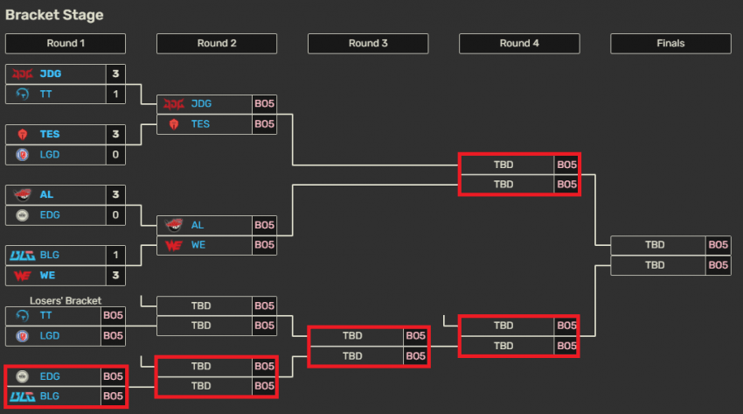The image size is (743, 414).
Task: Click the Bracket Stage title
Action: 54,15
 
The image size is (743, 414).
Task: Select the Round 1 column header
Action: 66,44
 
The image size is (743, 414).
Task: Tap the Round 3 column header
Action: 368,44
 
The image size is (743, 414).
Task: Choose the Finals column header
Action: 670,44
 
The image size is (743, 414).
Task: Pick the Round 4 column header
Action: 519,44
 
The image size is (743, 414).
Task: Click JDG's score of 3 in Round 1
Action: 115,74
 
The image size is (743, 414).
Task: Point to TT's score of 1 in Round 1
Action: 115,94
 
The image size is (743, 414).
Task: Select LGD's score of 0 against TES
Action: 115,155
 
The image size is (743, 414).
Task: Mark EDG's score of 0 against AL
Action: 115,215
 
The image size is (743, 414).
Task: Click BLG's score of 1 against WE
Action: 115,255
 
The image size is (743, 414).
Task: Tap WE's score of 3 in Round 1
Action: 115,276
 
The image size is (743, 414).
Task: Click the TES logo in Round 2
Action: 174,124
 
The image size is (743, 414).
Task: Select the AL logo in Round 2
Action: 174,225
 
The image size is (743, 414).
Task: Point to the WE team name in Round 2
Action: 198,245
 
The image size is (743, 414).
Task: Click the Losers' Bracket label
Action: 66,301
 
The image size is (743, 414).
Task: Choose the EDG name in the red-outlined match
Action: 50,376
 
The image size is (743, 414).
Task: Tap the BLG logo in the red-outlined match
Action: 22,396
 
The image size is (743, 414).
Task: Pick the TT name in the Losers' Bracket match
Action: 45,315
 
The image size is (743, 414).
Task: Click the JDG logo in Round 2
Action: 174,104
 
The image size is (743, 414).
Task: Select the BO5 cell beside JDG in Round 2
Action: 264,104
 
